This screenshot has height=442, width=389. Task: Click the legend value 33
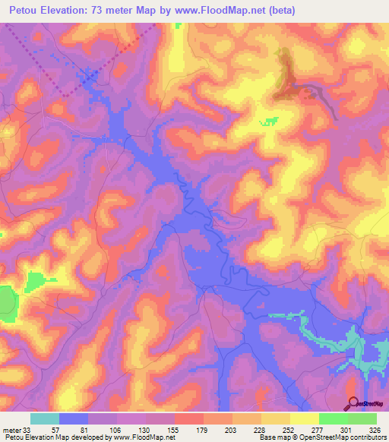point(29,428)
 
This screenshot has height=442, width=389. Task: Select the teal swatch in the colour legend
point(45,418)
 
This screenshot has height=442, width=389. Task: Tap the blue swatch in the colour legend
point(74,418)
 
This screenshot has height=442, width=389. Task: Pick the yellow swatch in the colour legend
point(305,418)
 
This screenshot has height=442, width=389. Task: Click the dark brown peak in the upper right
point(286,76)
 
